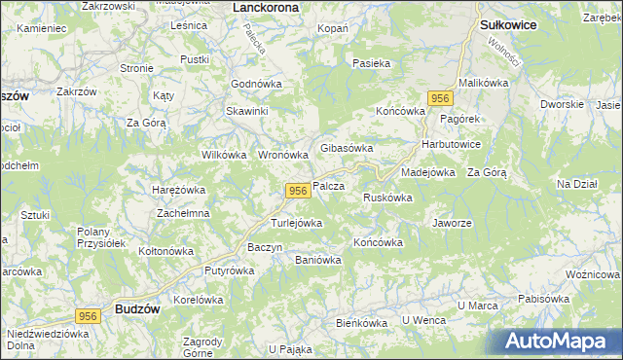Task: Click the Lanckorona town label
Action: (267, 7)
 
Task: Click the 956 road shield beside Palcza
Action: (299, 192)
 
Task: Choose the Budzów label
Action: (136, 307)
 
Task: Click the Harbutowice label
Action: (451, 144)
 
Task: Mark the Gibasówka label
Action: (347, 148)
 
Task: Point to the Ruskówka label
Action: (387, 198)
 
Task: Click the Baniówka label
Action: (317, 260)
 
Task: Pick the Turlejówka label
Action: (296, 223)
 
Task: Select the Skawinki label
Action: (247, 111)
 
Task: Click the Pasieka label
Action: (372, 63)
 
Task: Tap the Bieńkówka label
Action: (361, 321)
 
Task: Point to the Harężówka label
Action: (178, 190)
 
